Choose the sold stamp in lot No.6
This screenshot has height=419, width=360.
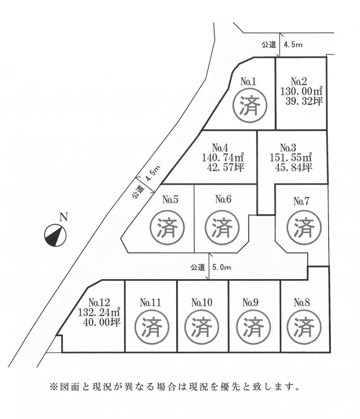pyautogui.click(x=221, y=228)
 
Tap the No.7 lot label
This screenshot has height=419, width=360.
pyautogui.click(x=302, y=201)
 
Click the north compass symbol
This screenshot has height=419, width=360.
pyautogui.click(x=55, y=235)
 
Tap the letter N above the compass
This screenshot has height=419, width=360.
pyautogui.click(x=64, y=218)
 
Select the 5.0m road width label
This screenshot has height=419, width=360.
pyautogui.click(x=222, y=268)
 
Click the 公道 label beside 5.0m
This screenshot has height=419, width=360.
pyautogui.click(x=198, y=268)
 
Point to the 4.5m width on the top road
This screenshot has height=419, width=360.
pyautogui.click(x=294, y=44)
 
